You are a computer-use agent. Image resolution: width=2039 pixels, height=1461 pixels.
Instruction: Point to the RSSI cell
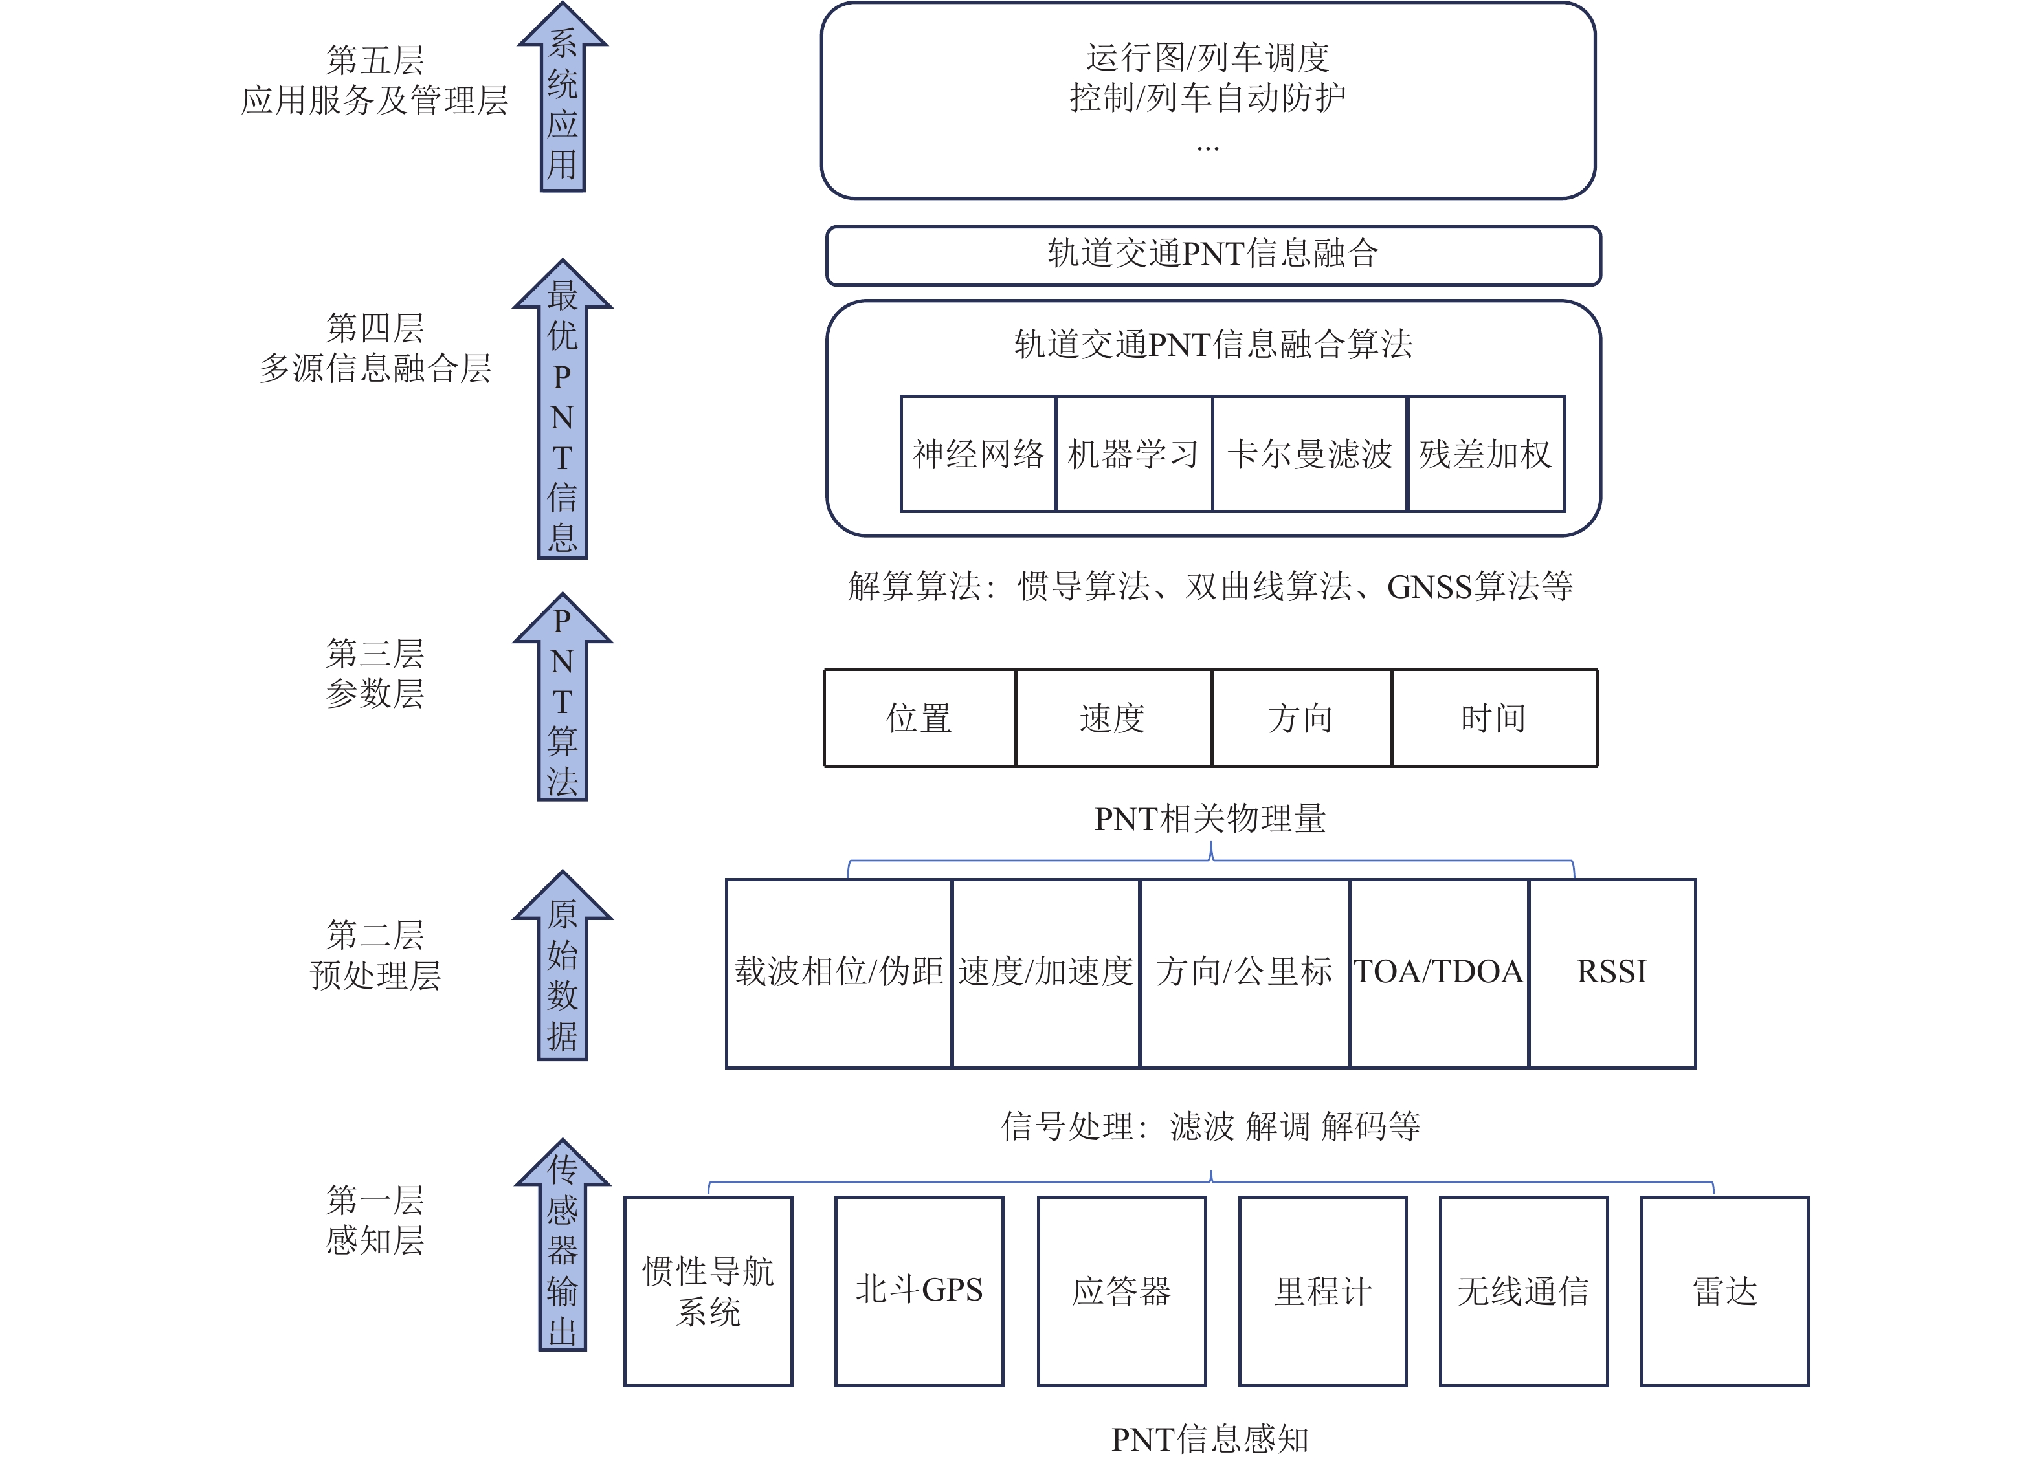(1612, 972)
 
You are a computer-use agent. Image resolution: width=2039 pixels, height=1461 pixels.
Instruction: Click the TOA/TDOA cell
(1438, 972)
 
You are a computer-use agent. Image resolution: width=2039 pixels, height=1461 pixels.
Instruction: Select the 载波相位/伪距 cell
(839, 972)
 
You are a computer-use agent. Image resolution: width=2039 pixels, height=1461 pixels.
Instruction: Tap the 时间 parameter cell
(1494, 718)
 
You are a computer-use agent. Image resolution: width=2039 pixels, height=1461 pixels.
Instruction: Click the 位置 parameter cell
(920, 718)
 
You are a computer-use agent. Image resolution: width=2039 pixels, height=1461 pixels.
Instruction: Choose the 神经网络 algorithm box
(978, 454)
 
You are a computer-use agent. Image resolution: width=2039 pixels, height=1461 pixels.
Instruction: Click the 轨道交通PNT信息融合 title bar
(1213, 255)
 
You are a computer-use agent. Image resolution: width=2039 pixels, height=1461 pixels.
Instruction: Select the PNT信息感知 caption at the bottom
(1210, 1438)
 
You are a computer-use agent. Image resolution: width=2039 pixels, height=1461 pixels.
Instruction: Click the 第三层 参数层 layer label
(375, 673)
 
